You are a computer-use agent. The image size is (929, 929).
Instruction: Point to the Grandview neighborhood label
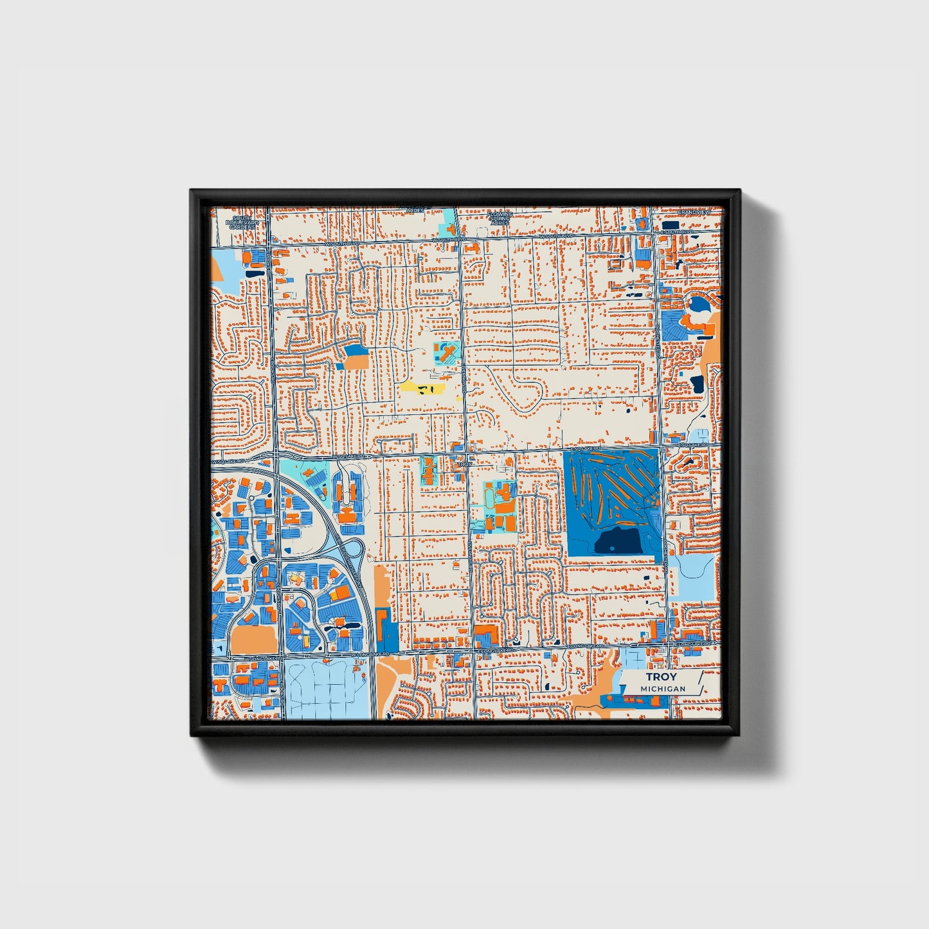[x=694, y=212]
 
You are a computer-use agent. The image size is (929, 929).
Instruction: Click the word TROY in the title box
[x=661, y=677]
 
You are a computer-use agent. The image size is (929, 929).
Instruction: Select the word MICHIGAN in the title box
[x=662, y=689]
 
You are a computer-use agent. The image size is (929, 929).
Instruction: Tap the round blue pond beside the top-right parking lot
[x=697, y=303]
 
